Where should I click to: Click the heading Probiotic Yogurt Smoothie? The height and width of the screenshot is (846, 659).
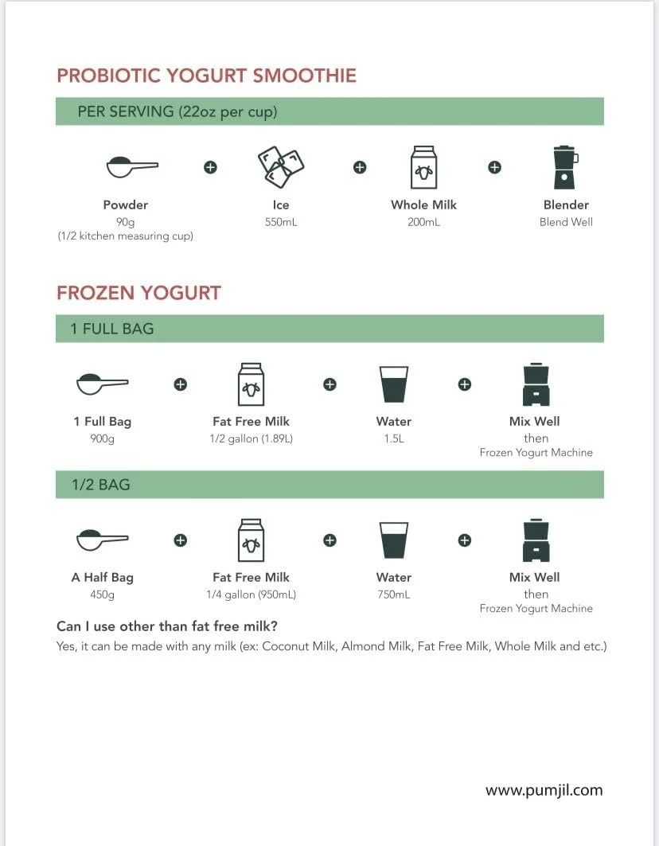(x=206, y=76)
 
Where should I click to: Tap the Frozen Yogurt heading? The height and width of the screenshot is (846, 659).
(x=138, y=293)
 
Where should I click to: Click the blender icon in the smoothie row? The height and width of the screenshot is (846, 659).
(x=565, y=167)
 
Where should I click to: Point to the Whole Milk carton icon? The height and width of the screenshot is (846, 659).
(x=423, y=167)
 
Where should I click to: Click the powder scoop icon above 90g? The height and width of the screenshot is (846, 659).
(x=131, y=166)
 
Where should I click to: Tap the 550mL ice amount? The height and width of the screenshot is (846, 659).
(x=281, y=222)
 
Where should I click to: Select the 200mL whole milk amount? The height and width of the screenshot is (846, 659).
(x=423, y=222)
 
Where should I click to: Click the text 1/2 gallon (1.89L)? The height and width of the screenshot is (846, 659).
(x=251, y=439)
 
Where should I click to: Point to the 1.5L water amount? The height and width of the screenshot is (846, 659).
(x=394, y=439)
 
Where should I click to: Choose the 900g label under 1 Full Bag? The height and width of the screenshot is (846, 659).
(x=102, y=439)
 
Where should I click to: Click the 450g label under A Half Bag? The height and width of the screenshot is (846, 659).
(x=102, y=595)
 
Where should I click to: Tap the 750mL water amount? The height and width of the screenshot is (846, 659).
(x=394, y=595)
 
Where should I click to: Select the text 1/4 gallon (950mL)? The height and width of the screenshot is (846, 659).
(x=251, y=595)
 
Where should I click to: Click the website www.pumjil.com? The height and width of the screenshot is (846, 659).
(x=544, y=790)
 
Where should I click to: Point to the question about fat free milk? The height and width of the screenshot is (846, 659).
(x=167, y=626)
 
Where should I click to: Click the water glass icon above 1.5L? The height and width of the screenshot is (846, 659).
(x=394, y=384)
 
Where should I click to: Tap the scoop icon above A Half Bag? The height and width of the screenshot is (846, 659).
(x=102, y=540)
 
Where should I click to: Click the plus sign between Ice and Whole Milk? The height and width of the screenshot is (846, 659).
(x=360, y=167)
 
